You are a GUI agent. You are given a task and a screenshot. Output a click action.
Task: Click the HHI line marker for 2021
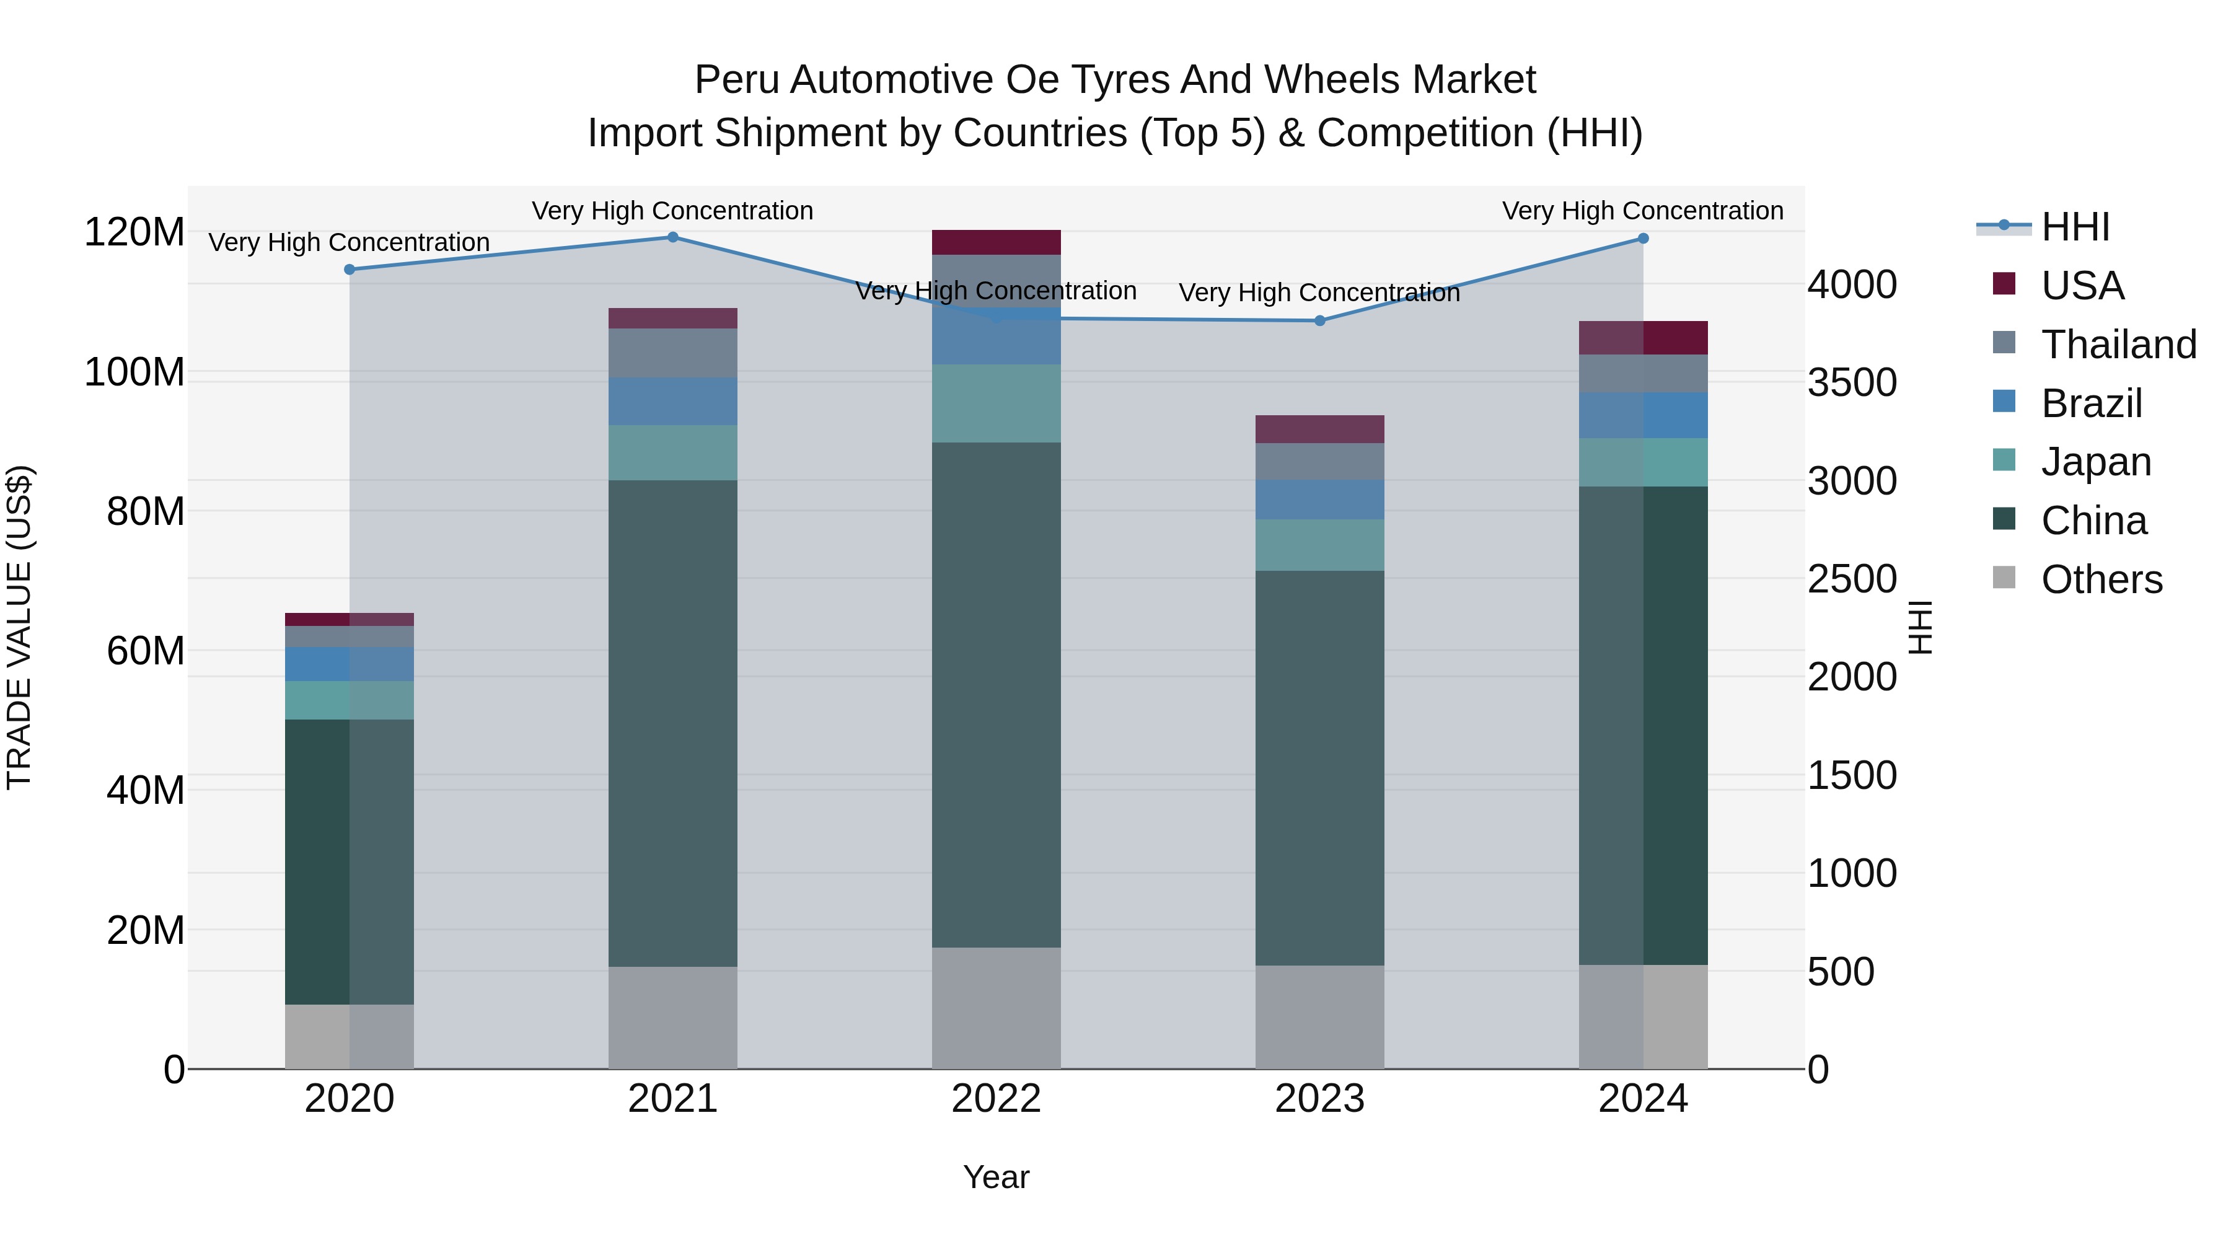673,237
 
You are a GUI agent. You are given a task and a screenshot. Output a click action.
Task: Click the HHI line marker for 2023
1320,320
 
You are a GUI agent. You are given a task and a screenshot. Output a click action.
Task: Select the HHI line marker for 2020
350,270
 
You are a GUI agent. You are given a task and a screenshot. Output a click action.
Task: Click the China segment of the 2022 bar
996,693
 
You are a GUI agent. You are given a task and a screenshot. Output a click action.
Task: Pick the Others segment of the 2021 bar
673,1017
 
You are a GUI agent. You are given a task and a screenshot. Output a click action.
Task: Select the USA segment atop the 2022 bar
996,242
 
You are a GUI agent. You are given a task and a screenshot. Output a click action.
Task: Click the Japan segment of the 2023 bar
1320,545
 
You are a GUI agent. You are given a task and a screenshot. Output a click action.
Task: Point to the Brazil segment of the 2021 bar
673,401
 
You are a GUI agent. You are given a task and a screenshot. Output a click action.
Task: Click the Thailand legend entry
2118,345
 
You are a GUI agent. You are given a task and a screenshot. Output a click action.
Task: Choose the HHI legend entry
2075,227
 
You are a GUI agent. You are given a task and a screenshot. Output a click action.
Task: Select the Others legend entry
2101,579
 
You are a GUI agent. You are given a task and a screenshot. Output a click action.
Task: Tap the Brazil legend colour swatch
2004,401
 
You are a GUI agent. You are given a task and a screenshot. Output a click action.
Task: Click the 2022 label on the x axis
996,1099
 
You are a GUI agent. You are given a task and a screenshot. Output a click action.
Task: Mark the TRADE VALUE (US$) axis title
19,627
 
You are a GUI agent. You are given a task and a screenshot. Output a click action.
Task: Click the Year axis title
996,1177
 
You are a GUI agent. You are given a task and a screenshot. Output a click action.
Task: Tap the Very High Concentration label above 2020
350,242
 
